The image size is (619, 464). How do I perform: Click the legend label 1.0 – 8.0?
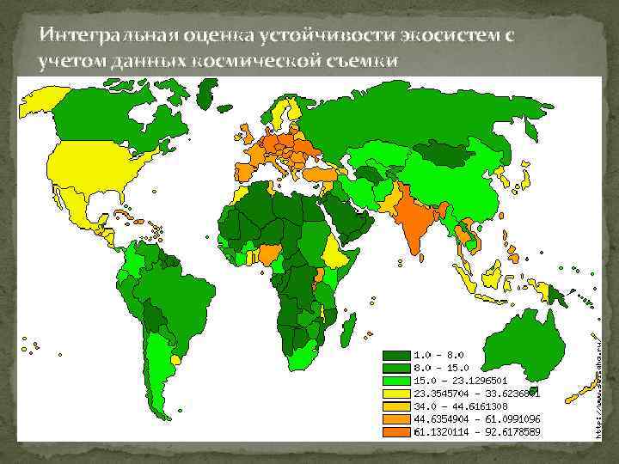pos(440,354)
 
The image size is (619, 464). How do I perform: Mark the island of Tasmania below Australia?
pos(534,391)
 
